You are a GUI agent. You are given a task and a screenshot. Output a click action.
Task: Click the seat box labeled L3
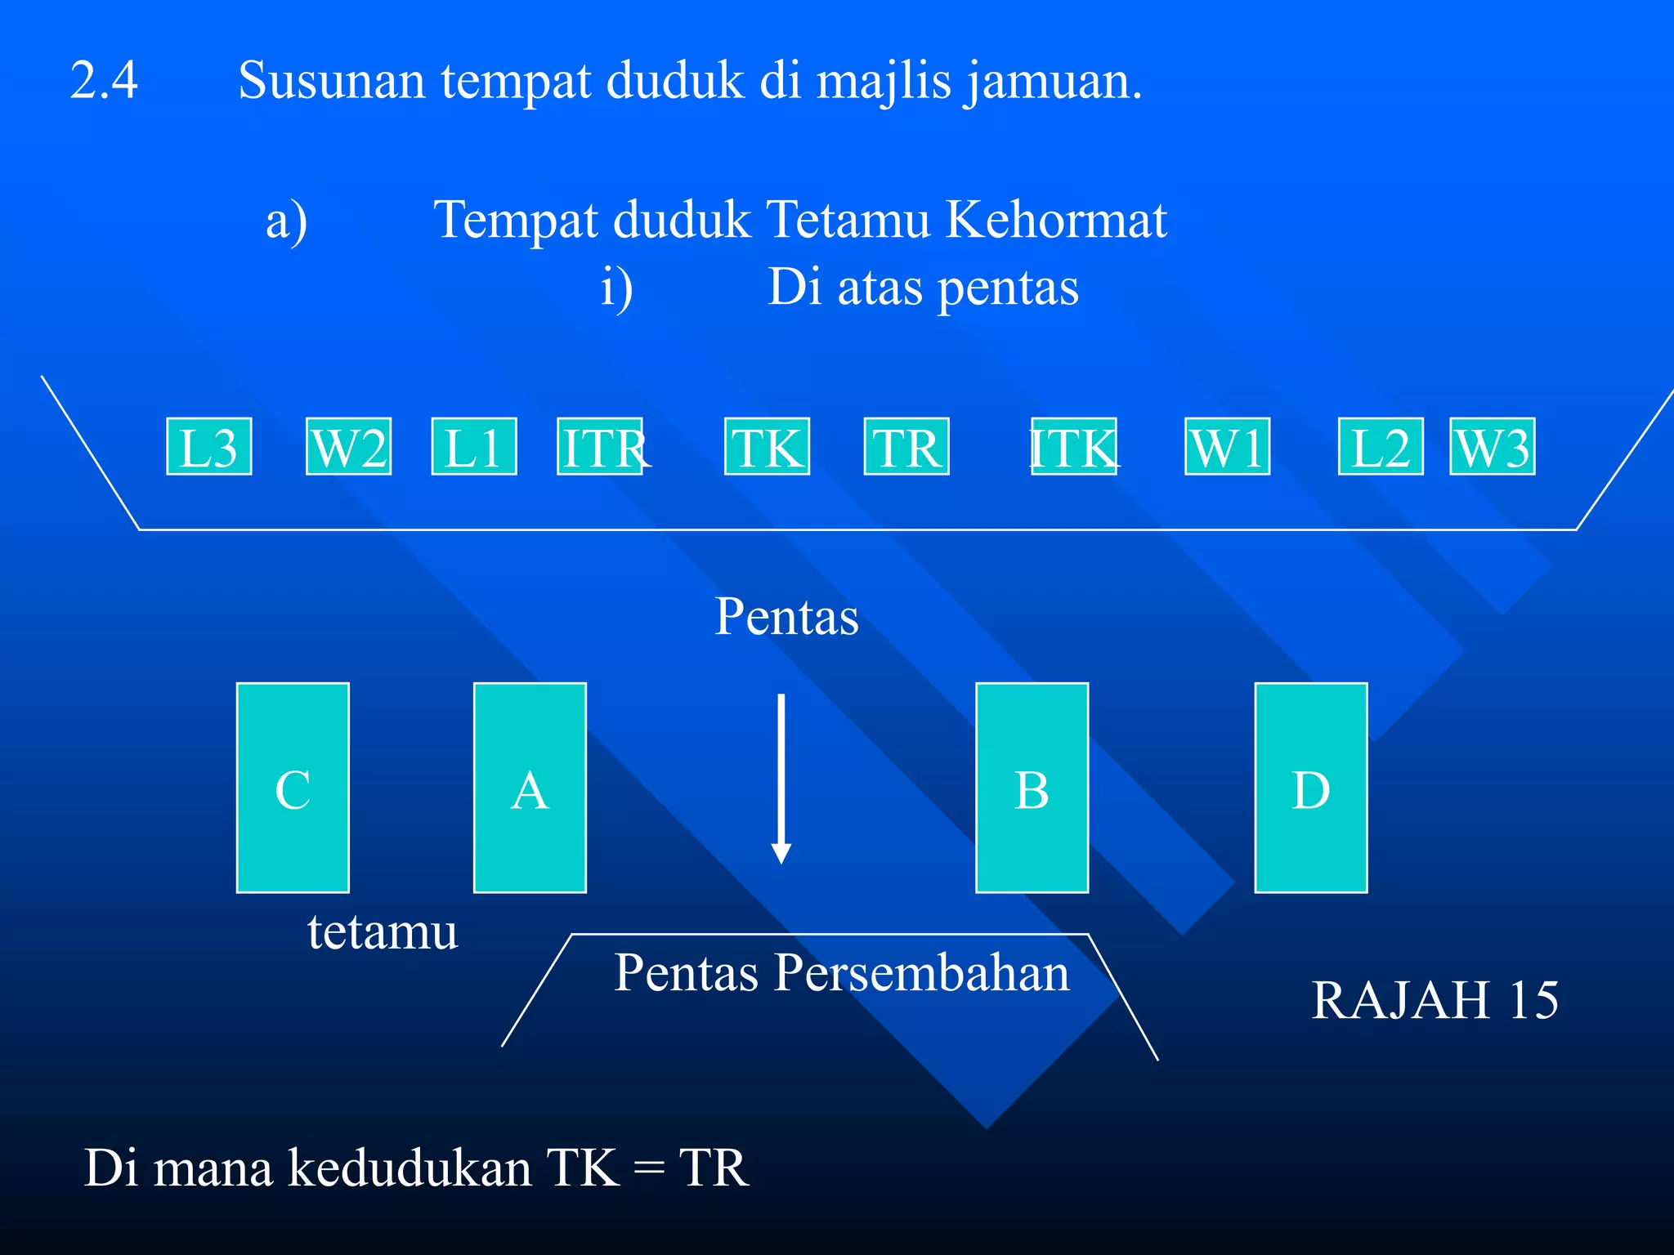(x=209, y=446)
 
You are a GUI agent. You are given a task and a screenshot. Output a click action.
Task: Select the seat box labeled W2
(x=349, y=446)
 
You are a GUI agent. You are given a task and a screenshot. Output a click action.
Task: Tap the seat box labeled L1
(x=474, y=446)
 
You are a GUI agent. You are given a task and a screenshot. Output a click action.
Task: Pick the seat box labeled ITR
(x=600, y=446)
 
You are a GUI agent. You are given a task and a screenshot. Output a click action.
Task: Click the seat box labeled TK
(x=767, y=446)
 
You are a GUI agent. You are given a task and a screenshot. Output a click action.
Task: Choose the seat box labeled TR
(x=906, y=446)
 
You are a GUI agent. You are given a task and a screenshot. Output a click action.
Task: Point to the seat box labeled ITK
(x=1074, y=446)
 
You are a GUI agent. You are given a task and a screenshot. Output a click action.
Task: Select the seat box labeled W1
(x=1228, y=446)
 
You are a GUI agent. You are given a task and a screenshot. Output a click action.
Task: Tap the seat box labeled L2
(x=1381, y=446)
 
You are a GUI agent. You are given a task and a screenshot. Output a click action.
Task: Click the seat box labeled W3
(x=1493, y=446)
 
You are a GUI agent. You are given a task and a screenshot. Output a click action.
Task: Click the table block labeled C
(x=293, y=788)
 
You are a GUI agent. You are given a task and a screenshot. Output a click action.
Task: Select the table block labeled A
(x=530, y=788)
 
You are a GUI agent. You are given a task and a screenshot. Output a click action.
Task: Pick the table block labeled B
(x=1032, y=788)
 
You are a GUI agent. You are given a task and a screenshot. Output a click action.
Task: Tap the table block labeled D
(x=1311, y=788)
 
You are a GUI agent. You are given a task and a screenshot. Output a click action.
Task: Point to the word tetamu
(x=383, y=931)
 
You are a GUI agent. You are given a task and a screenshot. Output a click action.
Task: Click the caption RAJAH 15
(x=1435, y=1000)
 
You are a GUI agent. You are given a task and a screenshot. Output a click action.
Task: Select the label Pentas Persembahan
(x=842, y=973)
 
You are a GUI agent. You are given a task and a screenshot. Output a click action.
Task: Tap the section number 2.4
(x=105, y=80)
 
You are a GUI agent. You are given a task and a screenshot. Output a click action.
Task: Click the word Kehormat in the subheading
(x=1056, y=220)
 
